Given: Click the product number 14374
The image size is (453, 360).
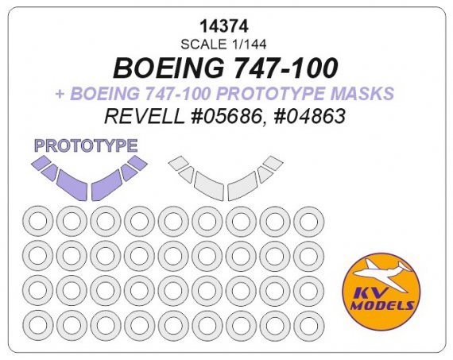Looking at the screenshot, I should pos(226,26).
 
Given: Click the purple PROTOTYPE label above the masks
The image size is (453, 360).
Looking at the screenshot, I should pos(87,145).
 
